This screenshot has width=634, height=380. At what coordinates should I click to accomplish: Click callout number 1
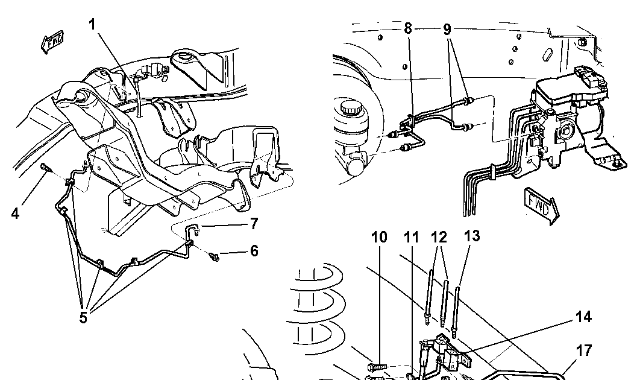(x=92, y=25)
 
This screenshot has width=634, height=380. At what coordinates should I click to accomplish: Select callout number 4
(x=15, y=214)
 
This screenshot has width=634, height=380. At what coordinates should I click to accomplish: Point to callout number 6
(x=254, y=251)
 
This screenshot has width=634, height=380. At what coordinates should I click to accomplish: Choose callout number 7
(x=254, y=223)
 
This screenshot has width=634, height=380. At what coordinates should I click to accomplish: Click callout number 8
(x=407, y=28)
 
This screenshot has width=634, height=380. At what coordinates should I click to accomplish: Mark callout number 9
(x=447, y=29)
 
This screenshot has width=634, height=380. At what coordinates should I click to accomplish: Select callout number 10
(x=379, y=237)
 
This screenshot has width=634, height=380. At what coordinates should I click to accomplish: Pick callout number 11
(x=412, y=237)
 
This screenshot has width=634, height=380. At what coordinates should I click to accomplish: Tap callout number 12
(x=439, y=237)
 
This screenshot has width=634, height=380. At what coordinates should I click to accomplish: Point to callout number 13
(x=472, y=235)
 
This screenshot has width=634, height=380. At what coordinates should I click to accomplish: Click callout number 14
(x=583, y=317)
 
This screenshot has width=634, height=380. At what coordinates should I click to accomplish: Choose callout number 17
(x=584, y=350)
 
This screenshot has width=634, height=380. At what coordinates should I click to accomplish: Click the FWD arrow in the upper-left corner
(x=52, y=42)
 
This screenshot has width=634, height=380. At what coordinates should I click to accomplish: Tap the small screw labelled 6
(x=215, y=256)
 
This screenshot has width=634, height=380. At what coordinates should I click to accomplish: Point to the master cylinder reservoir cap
(x=348, y=108)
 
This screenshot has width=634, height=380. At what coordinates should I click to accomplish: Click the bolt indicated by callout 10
(x=374, y=367)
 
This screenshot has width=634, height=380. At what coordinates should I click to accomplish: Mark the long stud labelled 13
(x=457, y=312)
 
